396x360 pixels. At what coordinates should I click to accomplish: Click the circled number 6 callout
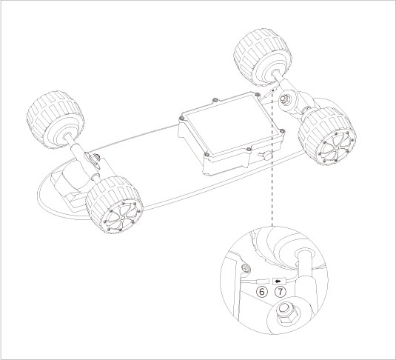tap(261, 292)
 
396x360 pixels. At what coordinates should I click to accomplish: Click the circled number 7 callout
tap(279, 292)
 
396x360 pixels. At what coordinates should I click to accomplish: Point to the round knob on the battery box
tap(265, 156)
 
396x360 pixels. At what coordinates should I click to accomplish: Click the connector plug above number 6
tap(261, 281)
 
